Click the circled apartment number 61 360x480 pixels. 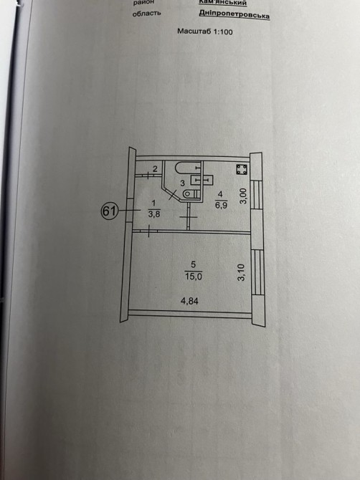click(x=110, y=211)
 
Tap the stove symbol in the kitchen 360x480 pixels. click(x=242, y=169)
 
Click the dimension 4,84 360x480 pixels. click(x=189, y=301)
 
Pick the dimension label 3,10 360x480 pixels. click(x=242, y=273)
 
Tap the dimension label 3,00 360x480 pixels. click(x=242, y=196)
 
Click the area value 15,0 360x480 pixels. click(x=194, y=277)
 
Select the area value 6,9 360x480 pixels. click(x=221, y=205)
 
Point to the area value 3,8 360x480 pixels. click(x=154, y=214)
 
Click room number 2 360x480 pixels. click(x=155, y=168)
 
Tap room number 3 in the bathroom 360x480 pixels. click(x=183, y=183)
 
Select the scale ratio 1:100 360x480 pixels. click(x=220, y=32)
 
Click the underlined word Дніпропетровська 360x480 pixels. click(x=235, y=14)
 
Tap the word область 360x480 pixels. click(x=146, y=14)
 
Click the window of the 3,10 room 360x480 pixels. click(x=257, y=272)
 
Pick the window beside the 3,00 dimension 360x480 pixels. click(x=257, y=195)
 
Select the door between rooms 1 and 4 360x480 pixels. click(x=189, y=217)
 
